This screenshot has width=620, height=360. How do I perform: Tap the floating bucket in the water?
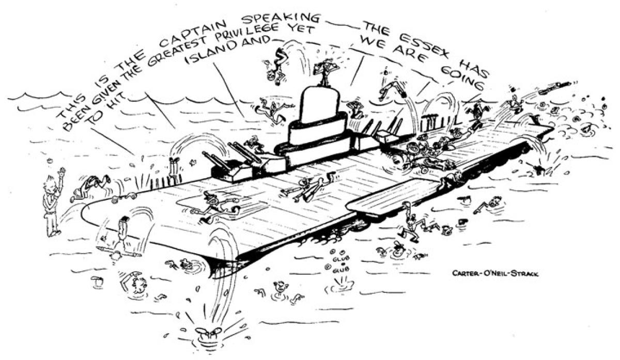click(98, 281)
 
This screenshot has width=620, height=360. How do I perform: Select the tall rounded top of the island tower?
click(319, 105)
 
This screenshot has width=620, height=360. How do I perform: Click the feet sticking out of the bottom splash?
click(207, 333)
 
